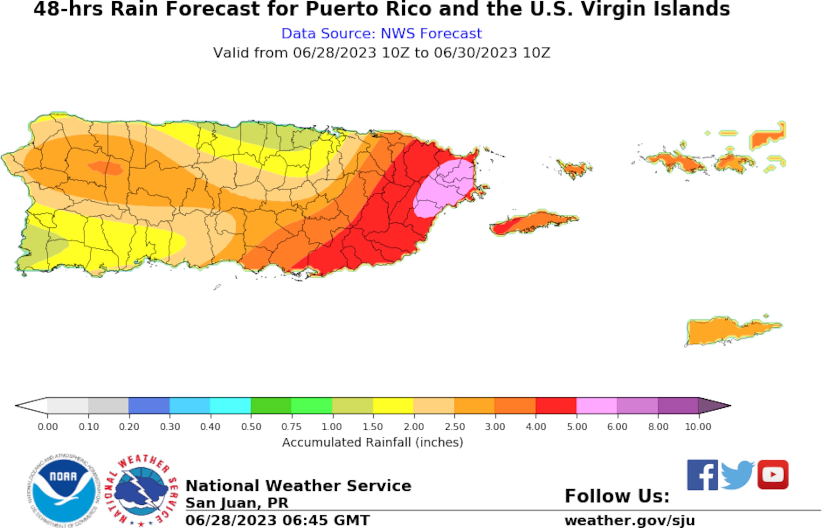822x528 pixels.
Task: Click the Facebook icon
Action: coord(702,475)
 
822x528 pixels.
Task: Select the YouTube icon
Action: coord(773,475)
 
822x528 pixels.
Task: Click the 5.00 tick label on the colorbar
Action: coord(577,427)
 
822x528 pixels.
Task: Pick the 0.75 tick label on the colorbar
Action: coord(291,427)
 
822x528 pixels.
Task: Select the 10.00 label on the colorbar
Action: coord(698,427)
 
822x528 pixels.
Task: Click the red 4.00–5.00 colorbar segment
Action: coord(556,406)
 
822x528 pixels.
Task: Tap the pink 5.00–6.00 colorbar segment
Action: coord(597,406)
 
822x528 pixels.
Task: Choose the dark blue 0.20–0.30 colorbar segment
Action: coord(149,406)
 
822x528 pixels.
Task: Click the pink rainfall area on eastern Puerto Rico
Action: coord(445,189)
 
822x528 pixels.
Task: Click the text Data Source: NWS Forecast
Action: coord(381,34)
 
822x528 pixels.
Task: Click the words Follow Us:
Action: coord(617,496)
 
